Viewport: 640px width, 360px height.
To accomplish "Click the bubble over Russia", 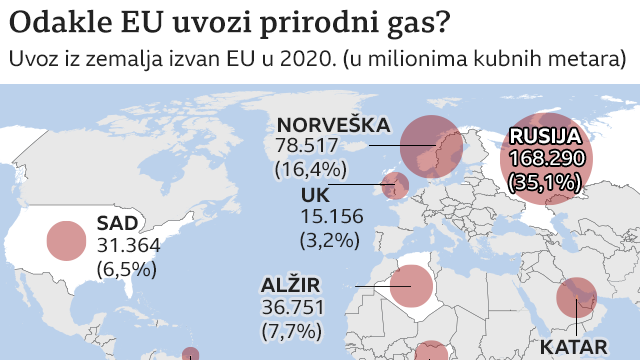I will pyautogui.click(x=546, y=159).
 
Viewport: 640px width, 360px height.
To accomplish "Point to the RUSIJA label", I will pyautogui.click(x=544, y=137).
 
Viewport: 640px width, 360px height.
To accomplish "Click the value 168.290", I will pyautogui.click(x=544, y=159).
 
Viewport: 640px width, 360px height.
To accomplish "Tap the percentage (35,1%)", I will pyautogui.click(x=544, y=182).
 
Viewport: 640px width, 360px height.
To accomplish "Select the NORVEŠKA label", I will pyautogui.click(x=333, y=124).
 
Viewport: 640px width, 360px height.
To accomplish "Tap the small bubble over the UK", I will pyautogui.click(x=395, y=185).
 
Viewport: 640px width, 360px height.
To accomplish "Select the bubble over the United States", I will pyautogui.click(x=66, y=240).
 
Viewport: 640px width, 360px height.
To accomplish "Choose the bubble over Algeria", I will pyautogui.click(x=411, y=287).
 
